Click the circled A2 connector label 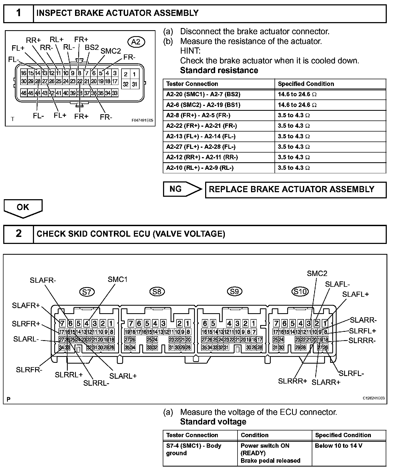click(x=136, y=42)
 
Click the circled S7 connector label click(x=87, y=292)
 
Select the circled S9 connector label click(x=235, y=291)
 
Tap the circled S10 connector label click(x=300, y=291)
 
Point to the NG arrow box click(x=182, y=189)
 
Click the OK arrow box click(x=23, y=208)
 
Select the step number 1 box click(x=18, y=13)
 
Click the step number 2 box click(x=18, y=233)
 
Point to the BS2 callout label click(x=92, y=47)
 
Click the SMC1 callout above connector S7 click(x=117, y=279)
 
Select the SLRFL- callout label click(x=351, y=373)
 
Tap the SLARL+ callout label click(x=123, y=376)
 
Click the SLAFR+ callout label click(x=26, y=305)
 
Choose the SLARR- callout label click(x=363, y=320)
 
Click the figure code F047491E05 click(x=142, y=120)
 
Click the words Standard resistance click(x=219, y=70)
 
